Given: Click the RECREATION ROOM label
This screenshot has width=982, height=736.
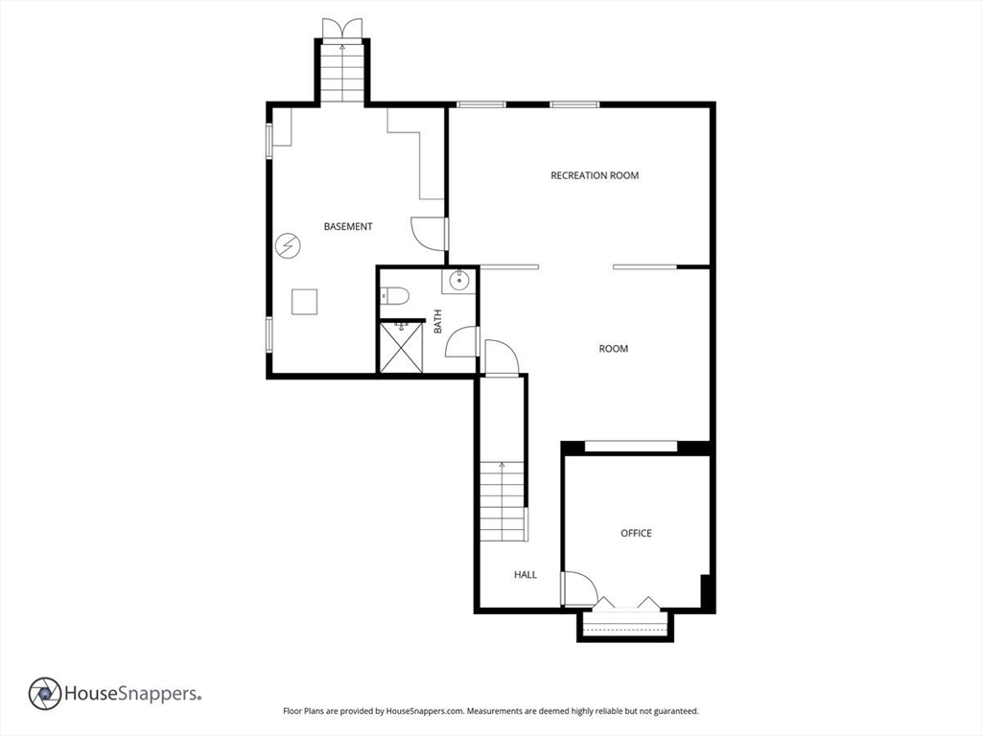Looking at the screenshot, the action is [595, 175].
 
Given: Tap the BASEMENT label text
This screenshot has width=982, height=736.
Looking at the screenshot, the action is [348, 226].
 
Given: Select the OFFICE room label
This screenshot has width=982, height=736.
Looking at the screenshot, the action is [636, 533].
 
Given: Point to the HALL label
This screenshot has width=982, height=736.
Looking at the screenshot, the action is [526, 575].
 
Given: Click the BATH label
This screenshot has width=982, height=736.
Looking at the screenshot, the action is [437, 321].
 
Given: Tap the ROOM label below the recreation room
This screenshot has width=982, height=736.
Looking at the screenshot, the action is [613, 349].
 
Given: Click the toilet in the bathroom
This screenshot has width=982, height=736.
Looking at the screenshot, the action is [394, 295].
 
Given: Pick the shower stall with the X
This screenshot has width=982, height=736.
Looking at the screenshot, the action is [402, 346].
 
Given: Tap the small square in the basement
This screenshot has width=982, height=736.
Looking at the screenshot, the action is [304, 302].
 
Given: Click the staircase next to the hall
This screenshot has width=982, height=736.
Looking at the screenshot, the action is [503, 501].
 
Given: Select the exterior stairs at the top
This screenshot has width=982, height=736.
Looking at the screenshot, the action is [342, 72].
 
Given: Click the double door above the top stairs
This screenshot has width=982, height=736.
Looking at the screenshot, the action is [342, 29].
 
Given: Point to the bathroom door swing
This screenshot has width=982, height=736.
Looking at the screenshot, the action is [461, 342].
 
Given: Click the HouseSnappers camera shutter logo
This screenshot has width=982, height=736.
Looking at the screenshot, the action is [45, 694].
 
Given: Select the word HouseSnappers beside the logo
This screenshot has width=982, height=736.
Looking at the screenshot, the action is [132, 694].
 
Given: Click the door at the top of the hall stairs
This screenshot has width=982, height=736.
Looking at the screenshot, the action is [502, 358].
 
